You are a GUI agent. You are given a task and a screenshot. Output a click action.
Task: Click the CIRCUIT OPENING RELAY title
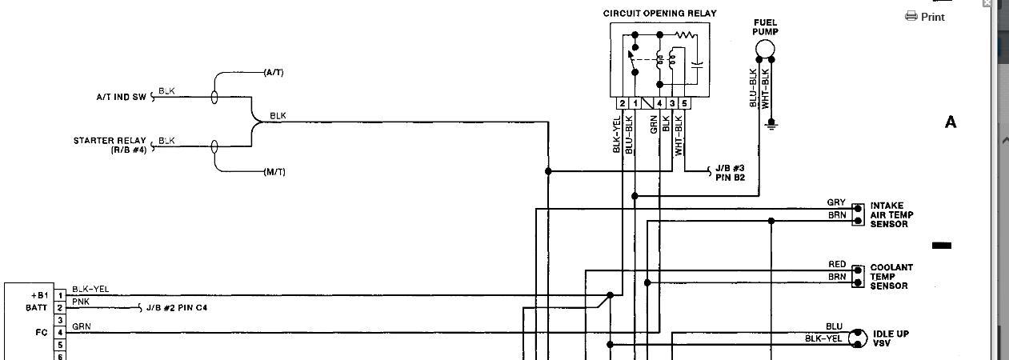659,14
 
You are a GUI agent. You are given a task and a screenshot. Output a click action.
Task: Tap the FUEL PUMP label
765,27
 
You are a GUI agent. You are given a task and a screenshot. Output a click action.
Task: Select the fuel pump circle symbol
766,49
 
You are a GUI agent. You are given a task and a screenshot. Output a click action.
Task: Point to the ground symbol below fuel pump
771,123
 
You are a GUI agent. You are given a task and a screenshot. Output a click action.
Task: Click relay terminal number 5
684,103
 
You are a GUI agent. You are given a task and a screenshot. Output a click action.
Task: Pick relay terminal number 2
622,103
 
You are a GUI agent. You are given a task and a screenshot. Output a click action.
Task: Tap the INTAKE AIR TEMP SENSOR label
891,215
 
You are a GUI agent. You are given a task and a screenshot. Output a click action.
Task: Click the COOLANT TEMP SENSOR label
891,277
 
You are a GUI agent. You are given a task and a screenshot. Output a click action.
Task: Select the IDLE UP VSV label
891,338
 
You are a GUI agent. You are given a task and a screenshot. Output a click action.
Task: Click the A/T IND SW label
121,97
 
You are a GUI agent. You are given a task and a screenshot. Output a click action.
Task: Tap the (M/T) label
274,172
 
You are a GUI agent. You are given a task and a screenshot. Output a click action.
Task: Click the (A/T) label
274,73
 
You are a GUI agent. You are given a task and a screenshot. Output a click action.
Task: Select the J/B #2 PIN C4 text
178,308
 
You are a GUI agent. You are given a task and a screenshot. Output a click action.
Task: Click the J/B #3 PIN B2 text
730,173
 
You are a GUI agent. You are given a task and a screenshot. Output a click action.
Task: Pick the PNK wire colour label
81,302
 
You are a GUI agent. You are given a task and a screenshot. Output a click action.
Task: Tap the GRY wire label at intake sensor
836,202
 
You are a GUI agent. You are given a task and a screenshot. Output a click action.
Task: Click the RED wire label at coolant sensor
837,264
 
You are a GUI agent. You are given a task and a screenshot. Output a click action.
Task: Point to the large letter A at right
951,122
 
